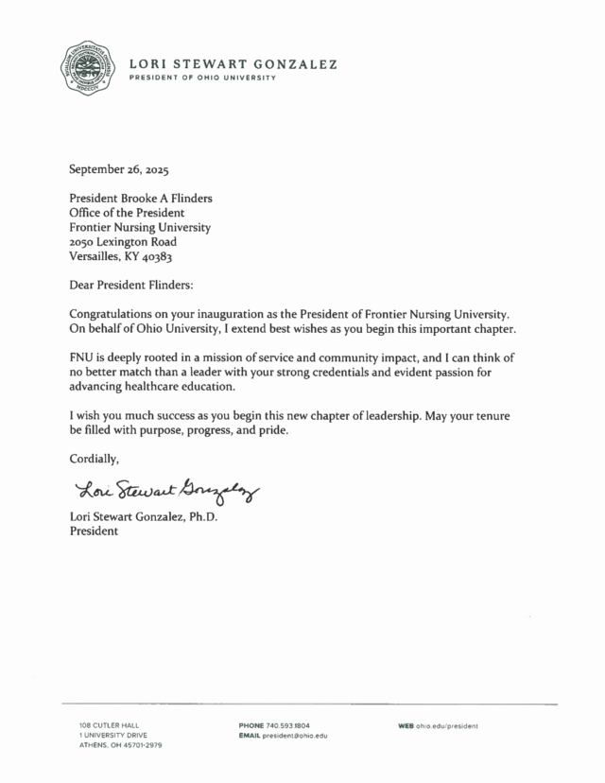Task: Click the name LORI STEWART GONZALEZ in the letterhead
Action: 233,64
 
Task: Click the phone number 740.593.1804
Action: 288,725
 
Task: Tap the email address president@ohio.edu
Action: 299,736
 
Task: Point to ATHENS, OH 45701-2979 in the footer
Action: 121,746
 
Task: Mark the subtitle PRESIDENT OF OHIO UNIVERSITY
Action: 202,78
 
